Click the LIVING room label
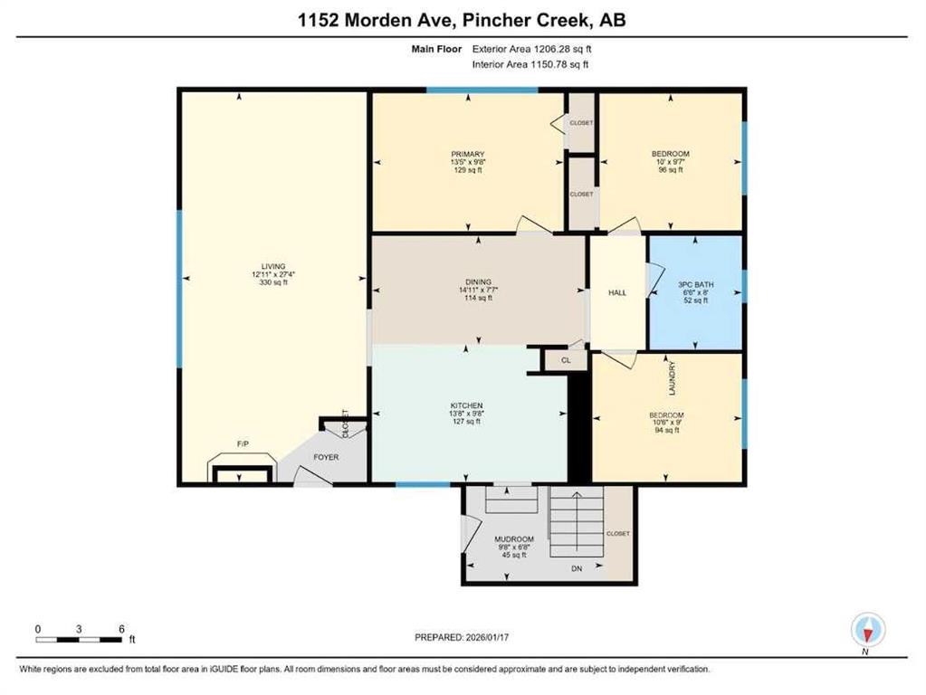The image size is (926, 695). click(273, 266)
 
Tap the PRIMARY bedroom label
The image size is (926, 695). click(468, 154)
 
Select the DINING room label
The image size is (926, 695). click(478, 282)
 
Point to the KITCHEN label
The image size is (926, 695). click(466, 405)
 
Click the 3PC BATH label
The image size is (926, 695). click(696, 285)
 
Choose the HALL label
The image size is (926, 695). click(617, 293)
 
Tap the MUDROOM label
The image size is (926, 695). click(514, 539)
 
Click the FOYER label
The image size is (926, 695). click(326, 457)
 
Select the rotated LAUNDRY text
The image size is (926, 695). click(672, 379)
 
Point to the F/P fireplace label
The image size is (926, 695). click(243, 443)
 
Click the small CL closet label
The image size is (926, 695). click(566, 360)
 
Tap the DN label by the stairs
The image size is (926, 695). click(577, 568)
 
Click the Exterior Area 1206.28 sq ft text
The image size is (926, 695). click(531, 50)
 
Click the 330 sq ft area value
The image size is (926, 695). click(273, 282)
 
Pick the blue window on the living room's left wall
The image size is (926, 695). click(179, 290)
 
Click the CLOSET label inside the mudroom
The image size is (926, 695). click(617, 533)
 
